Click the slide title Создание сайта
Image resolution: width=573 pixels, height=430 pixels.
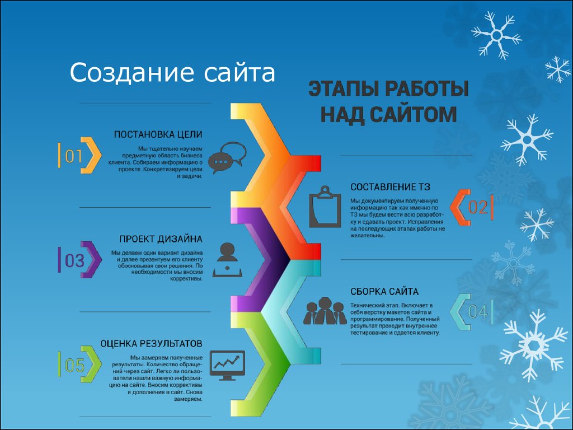click(x=172, y=72)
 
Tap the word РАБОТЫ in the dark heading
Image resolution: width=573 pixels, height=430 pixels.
click(x=427, y=89)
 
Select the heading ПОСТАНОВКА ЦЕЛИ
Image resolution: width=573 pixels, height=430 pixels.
click(x=158, y=134)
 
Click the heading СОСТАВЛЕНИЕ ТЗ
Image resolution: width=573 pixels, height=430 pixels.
click(x=390, y=187)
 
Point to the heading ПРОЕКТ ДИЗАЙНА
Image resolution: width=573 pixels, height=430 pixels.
click(x=161, y=239)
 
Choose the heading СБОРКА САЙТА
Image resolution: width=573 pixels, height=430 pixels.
click(x=384, y=291)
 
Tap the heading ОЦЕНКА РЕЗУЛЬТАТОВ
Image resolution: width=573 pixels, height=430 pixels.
click(x=151, y=344)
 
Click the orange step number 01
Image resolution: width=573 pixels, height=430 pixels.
click(x=73, y=156)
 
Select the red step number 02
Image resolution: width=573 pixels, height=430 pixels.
click(x=478, y=208)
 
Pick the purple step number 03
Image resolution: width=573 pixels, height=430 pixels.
click(x=74, y=261)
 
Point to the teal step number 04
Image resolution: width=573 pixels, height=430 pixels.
click(x=478, y=312)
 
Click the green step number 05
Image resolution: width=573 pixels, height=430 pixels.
click(x=74, y=365)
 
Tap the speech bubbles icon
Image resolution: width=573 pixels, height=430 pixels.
click(x=227, y=157)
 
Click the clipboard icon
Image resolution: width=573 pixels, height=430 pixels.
click(x=325, y=207)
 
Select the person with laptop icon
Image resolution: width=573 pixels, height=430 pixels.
click(x=227, y=260)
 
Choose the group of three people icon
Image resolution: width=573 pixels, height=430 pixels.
click(x=325, y=311)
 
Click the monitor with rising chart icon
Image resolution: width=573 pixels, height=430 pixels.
click(x=227, y=366)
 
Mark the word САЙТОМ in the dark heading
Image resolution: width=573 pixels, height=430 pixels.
click(x=414, y=114)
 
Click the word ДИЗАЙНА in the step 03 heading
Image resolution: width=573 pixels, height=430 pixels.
click(x=180, y=239)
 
